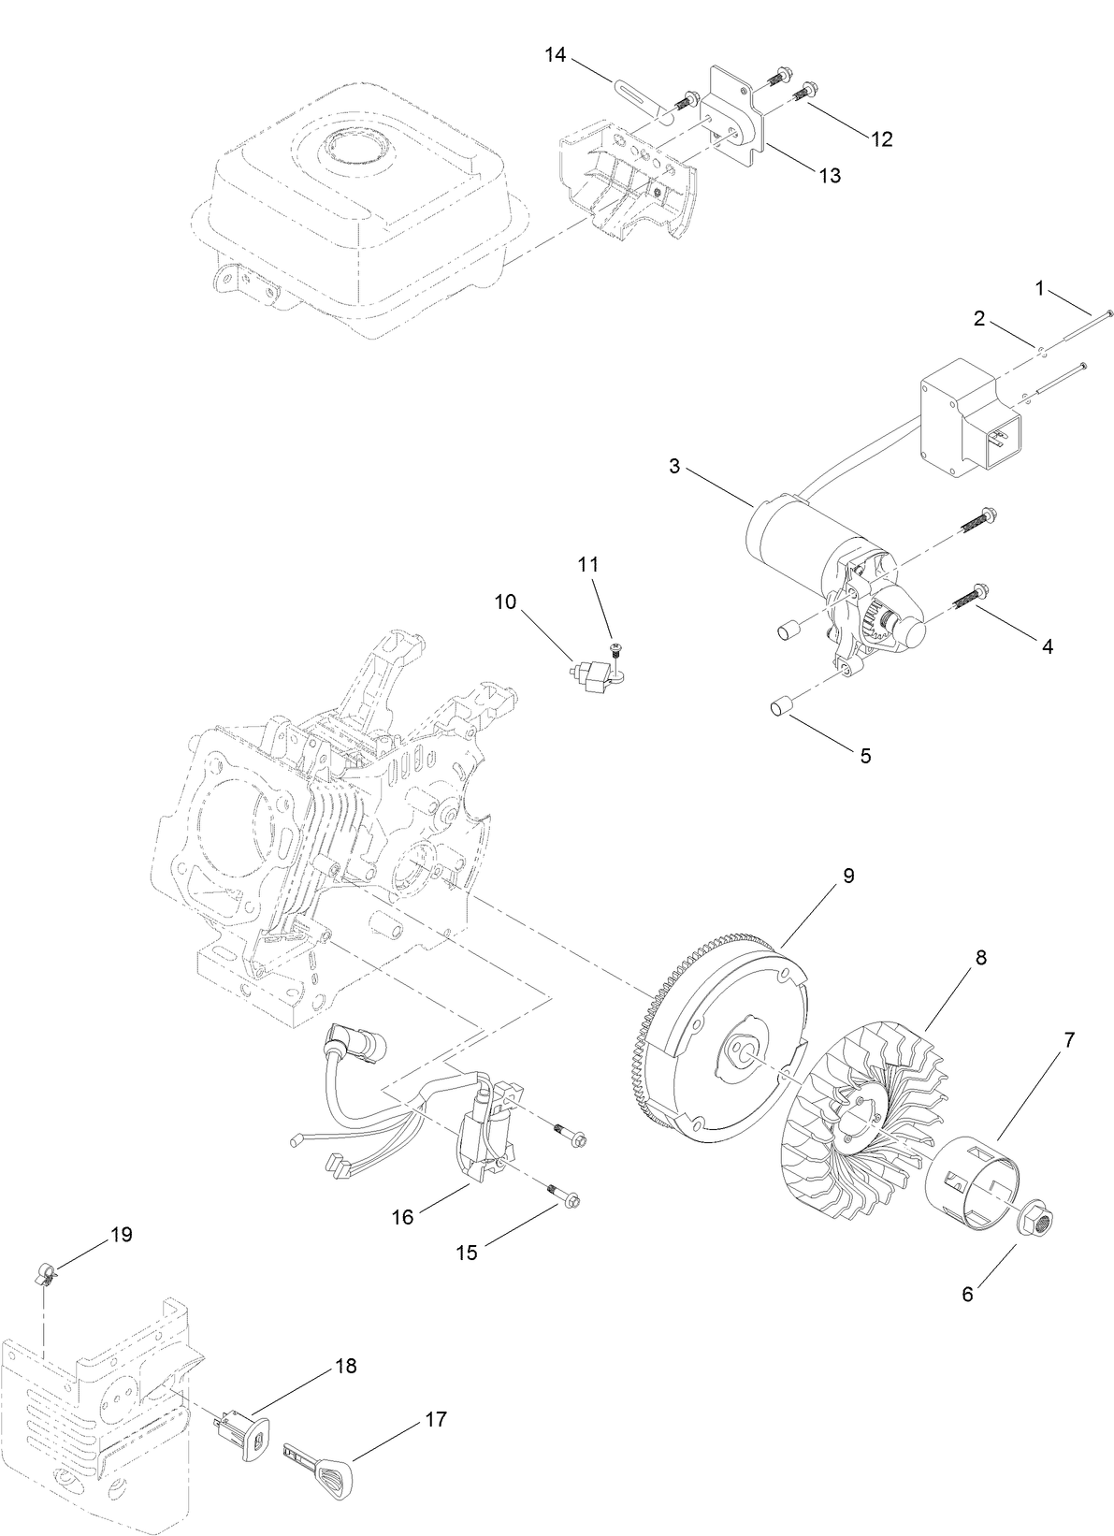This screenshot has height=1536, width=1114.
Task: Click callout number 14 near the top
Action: (556, 55)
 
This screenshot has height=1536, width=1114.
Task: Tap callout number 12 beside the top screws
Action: (881, 139)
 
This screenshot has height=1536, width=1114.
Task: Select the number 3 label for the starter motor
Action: (674, 466)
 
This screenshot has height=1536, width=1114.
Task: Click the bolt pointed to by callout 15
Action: (563, 1197)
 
